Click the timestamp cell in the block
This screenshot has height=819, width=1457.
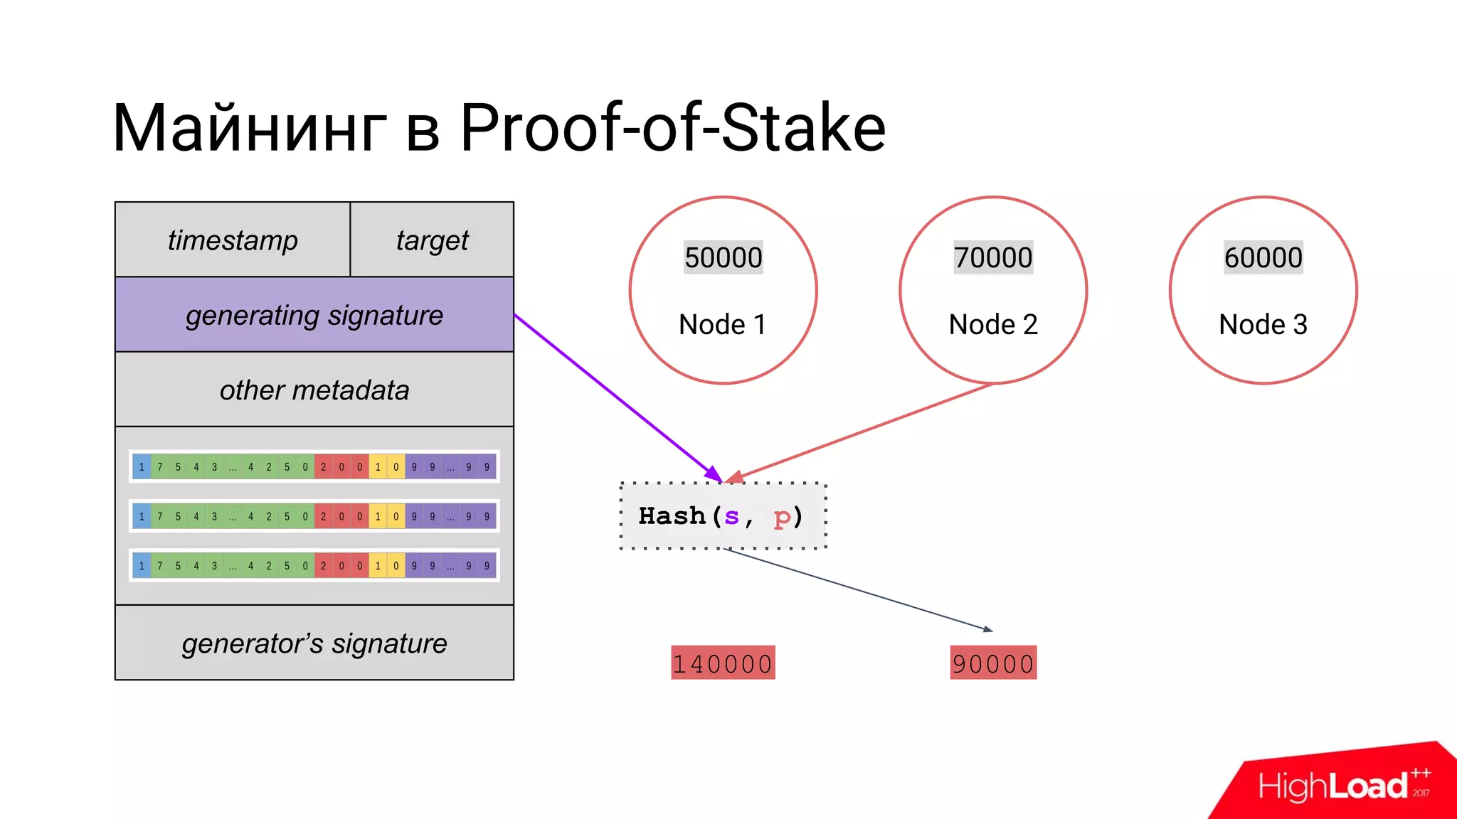233,240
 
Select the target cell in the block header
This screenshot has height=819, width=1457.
432,240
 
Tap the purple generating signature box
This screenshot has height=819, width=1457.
314,315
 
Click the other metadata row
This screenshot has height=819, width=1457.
314,390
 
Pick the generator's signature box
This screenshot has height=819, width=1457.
314,643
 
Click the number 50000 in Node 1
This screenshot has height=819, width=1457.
723,257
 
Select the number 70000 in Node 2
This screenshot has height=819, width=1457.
993,257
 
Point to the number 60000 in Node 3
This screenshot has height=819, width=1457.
1263,257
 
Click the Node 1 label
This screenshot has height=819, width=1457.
723,324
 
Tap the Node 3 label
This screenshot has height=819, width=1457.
1263,324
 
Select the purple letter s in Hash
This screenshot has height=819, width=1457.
731,517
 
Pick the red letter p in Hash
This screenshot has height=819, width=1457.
781,517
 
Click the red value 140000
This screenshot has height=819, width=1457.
723,663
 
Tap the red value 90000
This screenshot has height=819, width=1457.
993,663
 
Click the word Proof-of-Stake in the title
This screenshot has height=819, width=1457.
672,128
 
